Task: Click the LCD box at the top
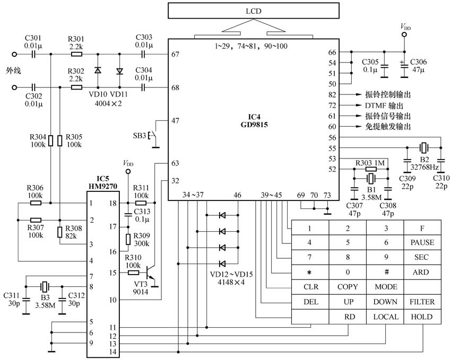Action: click(x=254, y=11)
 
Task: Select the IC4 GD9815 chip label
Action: click(x=254, y=121)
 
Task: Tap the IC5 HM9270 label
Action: click(x=103, y=183)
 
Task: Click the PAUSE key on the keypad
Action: click(x=422, y=242)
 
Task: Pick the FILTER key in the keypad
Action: click(x=422, y=302)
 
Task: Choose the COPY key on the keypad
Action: click(x=348, y=287)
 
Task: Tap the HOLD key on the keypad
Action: click(x=422, y=317)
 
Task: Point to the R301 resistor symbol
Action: click(x=76, y=54)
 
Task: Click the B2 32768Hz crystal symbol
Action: click(x=424, y=148)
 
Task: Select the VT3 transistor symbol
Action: click(x=150, y=273)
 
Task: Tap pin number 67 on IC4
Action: click(x=175, y=54)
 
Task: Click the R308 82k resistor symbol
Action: click(x=59, y=232)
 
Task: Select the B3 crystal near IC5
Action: click(x=45, y=286)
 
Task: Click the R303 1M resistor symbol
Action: click(x=371, y=169)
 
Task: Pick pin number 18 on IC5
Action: click(x=113, y=203)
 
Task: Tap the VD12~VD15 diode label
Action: click(x=231, y=275)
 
